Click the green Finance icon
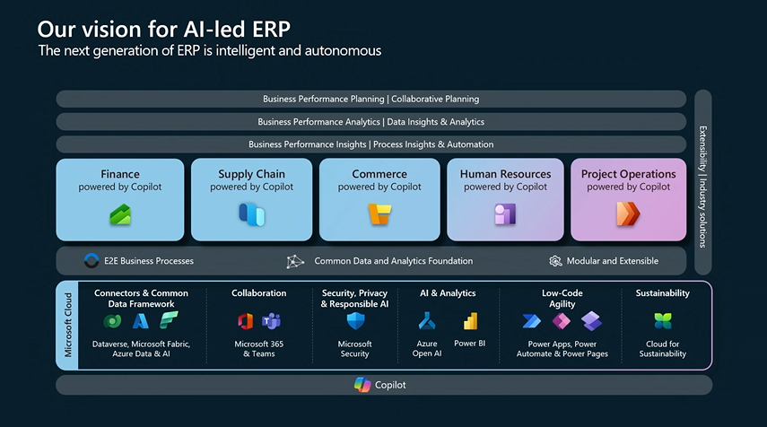coord(120,214)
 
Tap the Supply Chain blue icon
coord(250,214)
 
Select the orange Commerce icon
coord(379,214)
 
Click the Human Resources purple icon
coord(505,214)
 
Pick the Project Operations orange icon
coord(628,214)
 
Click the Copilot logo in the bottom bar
coord(362,385)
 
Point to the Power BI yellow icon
coord(470,321)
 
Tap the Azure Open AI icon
coord(426,321)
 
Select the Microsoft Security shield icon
coord(354,321)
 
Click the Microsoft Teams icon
coord(271,321)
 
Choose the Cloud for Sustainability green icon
coord(663,321)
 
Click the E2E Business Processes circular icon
coord(91,261)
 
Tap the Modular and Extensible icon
coord(555,261)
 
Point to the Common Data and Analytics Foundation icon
coord(295,261)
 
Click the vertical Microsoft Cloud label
coord(68,325)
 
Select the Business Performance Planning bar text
coord(370,99)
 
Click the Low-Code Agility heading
coord(562,298)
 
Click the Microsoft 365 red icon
coord(246,321)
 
